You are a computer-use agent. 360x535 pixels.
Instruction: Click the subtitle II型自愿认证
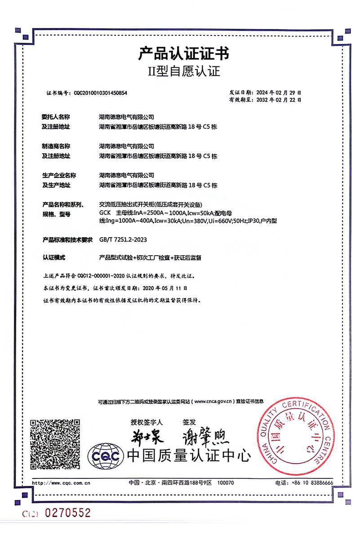tap(184, 71)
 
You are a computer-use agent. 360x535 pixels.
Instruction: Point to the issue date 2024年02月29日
tap(278, 91)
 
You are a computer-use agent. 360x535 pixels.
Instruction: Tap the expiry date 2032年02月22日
tap(278, 99)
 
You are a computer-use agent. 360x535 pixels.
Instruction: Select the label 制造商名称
tap(56, 146)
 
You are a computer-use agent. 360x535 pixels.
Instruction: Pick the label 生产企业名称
tap(59, 175)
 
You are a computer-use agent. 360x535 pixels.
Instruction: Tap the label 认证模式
tap(53, 258)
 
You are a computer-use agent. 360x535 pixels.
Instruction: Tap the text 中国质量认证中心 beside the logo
tap(188, 455)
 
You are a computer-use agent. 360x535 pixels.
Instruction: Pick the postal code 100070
tap(226, 483)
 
